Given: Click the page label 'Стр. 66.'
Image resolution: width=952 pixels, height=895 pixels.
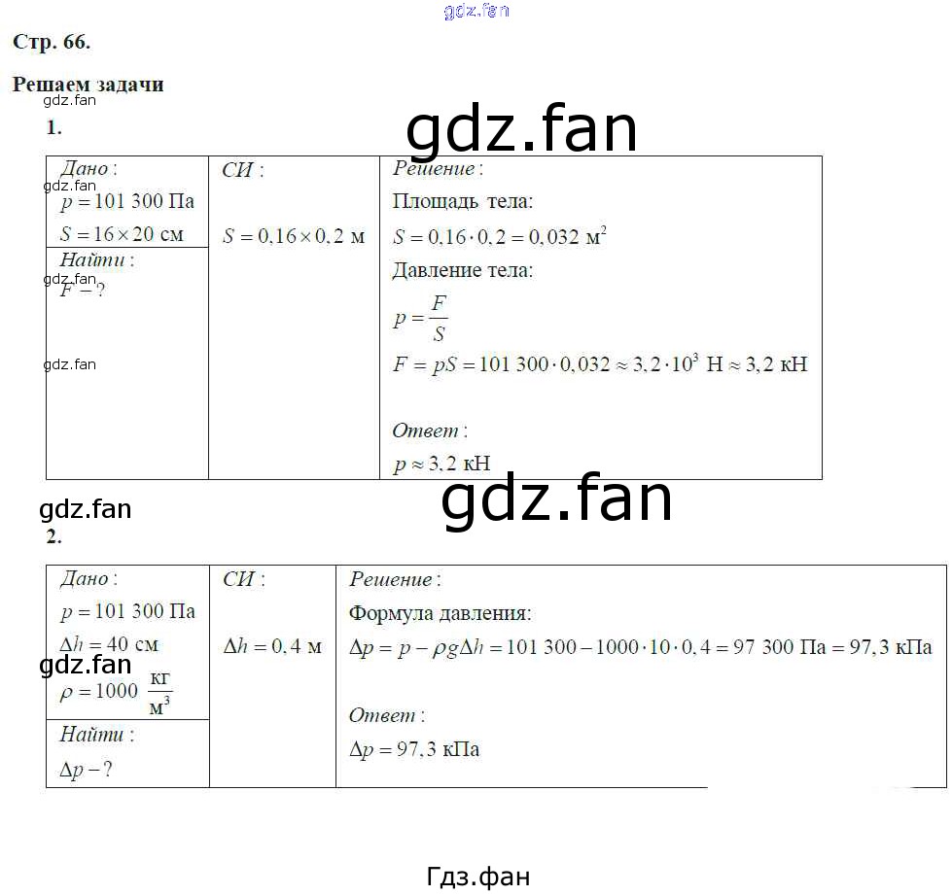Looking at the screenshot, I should tap(51, 42).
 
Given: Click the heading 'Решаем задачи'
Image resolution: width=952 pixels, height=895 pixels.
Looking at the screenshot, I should tap(88, 85).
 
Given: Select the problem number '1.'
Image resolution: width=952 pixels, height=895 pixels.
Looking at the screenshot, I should tap(54, 127).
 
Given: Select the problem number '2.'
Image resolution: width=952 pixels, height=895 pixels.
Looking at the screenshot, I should tap(54, 536).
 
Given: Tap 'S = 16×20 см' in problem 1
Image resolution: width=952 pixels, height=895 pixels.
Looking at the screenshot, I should tap(122, 234).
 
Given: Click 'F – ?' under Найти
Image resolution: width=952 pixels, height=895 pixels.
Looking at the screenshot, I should tap(82, 290).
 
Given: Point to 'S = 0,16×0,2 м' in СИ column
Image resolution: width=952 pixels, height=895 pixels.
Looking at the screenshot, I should tap(293, 236).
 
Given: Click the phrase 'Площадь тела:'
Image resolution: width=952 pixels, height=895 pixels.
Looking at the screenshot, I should tap(462, 202).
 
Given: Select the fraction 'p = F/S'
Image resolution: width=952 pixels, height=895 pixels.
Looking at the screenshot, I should tap(420, 318).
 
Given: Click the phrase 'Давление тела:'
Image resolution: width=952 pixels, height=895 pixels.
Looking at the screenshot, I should tap(462, 270).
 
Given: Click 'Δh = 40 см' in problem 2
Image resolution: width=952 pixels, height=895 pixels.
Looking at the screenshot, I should tap(109, 644).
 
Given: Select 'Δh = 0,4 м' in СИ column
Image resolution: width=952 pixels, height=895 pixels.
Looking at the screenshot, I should tap(271, 646).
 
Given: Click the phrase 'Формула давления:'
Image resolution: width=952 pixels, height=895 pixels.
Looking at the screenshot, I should tap(440, 613).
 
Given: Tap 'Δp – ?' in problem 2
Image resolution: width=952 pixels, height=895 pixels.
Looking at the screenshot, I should tap(86, 770).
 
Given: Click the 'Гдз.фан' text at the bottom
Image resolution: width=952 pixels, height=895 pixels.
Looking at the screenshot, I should tap(478, 876).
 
